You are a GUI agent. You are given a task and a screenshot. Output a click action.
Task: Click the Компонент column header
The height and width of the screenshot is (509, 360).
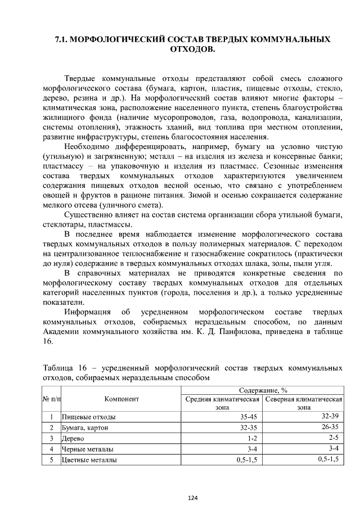click(x=121, y=399)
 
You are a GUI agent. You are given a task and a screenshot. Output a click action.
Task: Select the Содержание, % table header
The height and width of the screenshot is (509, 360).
click(x=263, y=389)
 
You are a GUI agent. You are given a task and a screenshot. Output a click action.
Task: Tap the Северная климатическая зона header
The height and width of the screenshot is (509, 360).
click(x=304, y=403)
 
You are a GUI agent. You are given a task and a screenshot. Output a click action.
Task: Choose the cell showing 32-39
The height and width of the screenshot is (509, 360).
click(x=329, y=417)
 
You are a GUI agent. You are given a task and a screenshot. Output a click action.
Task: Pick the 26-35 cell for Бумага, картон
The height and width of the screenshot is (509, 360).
click(x=329, y=427)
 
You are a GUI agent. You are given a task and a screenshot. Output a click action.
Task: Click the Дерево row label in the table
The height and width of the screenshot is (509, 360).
click(x=72, y=438)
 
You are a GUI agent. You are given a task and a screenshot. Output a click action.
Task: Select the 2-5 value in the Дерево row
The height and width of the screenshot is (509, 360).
click(x=333, y=438)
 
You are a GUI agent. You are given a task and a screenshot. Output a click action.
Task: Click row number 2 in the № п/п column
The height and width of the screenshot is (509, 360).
click(x=51, y=427)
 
